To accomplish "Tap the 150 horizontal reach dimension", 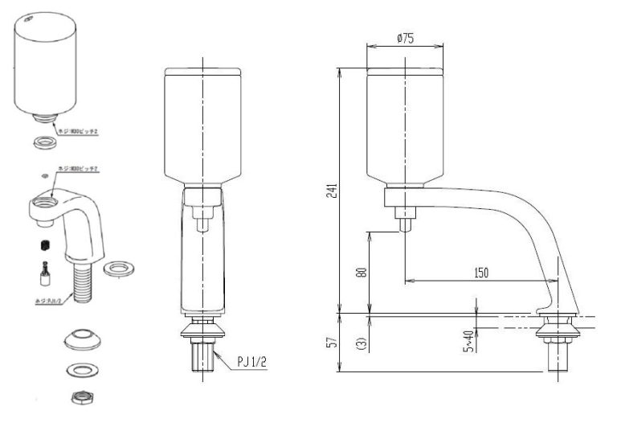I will click(480, 273).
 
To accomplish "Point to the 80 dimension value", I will click(362, 272).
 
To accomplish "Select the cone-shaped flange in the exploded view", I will click(80, 339).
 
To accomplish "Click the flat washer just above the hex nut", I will click(80, 370).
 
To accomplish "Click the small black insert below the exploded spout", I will click(45, 244).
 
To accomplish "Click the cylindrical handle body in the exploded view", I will click(48, 64).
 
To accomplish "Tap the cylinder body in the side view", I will click(406, 125).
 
